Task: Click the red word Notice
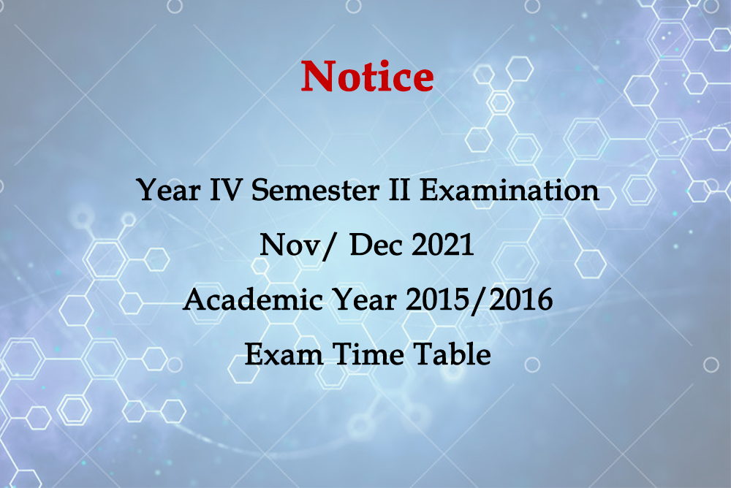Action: [368, 76]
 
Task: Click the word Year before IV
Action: [168, 190]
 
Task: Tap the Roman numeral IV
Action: [226, 190]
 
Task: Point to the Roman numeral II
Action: [399, 190]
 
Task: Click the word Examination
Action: [509, 190]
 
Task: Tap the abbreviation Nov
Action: [289, 245]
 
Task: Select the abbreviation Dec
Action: [376, 245]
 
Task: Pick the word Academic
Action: [253, 300]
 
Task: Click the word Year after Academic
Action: [364, 300]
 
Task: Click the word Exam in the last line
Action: [284, 354]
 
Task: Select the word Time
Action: [368, 354]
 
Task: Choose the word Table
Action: [452, 354]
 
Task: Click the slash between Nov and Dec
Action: [328, 246]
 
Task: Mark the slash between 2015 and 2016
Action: [479, 301]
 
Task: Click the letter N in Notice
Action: [319, 76]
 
